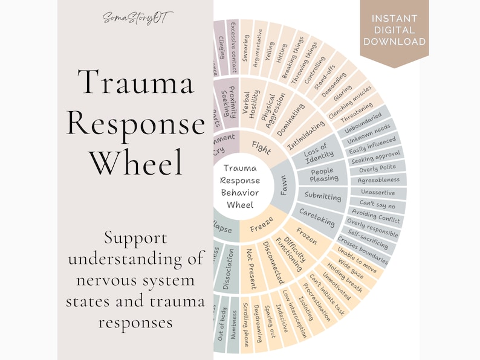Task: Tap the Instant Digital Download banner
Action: [394, 30]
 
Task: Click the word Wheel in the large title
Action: [135, 162]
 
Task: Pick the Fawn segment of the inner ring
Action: [283, 184]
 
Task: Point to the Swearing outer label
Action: [246, 46]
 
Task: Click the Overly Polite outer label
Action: [377, 169]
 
